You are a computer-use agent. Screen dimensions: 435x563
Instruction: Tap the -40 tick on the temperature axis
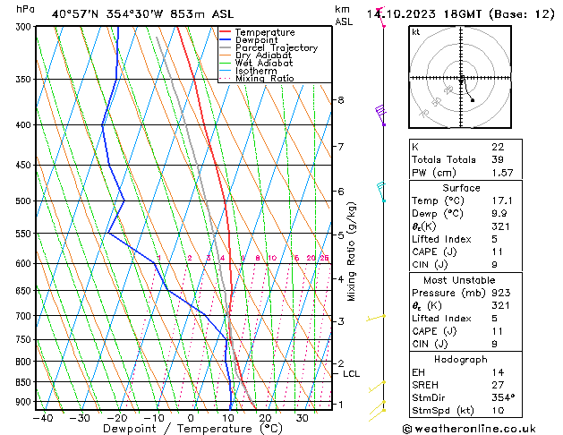coord(42,417)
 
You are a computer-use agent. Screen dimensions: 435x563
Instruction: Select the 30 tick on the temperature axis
coord(303,417)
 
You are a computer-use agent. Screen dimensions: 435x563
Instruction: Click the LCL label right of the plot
coord(352,374)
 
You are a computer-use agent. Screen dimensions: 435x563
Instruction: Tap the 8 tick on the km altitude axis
coord(340,100)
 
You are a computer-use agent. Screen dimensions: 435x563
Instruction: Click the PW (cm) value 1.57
coord(503,173)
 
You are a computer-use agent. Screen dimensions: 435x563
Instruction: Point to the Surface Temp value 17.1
coord(503,200)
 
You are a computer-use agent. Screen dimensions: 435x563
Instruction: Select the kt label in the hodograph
coord(416,32)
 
